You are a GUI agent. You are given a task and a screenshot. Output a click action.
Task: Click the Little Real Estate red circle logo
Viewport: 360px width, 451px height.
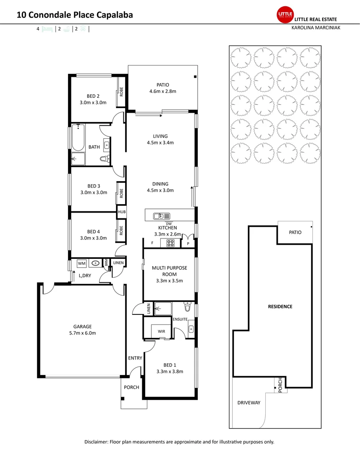tap(285, 15)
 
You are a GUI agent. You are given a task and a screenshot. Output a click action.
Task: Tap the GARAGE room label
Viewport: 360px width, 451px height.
tap(83, 327)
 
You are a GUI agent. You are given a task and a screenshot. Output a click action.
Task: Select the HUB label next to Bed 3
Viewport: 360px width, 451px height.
tap(122, 212)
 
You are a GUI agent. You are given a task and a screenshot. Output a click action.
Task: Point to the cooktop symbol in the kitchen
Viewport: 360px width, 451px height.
tap(171, 243)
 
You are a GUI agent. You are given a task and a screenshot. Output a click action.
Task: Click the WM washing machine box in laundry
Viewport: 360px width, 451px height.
tap(82, 264)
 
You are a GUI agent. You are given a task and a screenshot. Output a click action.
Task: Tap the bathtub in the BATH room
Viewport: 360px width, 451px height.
tap(78, 138)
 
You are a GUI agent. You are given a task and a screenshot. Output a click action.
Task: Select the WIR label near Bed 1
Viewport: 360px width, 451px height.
tap(161, 332)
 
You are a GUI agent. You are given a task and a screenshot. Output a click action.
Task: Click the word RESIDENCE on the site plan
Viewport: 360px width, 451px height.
tap(280, 307)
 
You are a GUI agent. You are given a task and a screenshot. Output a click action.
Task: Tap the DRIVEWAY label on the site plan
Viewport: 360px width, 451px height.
tap(249, 403)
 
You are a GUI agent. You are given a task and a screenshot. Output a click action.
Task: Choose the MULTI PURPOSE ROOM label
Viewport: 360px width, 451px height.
tap(169, 271)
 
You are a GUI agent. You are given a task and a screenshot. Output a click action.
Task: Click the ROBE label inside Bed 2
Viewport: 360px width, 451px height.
tap(122, 91)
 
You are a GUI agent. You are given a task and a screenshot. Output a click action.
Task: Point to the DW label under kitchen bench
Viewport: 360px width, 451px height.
tap(169, 224)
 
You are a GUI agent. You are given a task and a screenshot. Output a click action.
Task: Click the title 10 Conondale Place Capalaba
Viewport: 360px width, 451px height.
tap(75, 15)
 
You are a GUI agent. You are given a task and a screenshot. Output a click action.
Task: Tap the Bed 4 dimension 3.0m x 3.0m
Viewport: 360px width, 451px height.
tap(94, 238)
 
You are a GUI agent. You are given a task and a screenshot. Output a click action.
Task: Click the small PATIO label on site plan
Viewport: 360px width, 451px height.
tap(295, 233)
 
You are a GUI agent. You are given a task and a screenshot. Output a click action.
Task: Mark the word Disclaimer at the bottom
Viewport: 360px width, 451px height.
tap(96, 442)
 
